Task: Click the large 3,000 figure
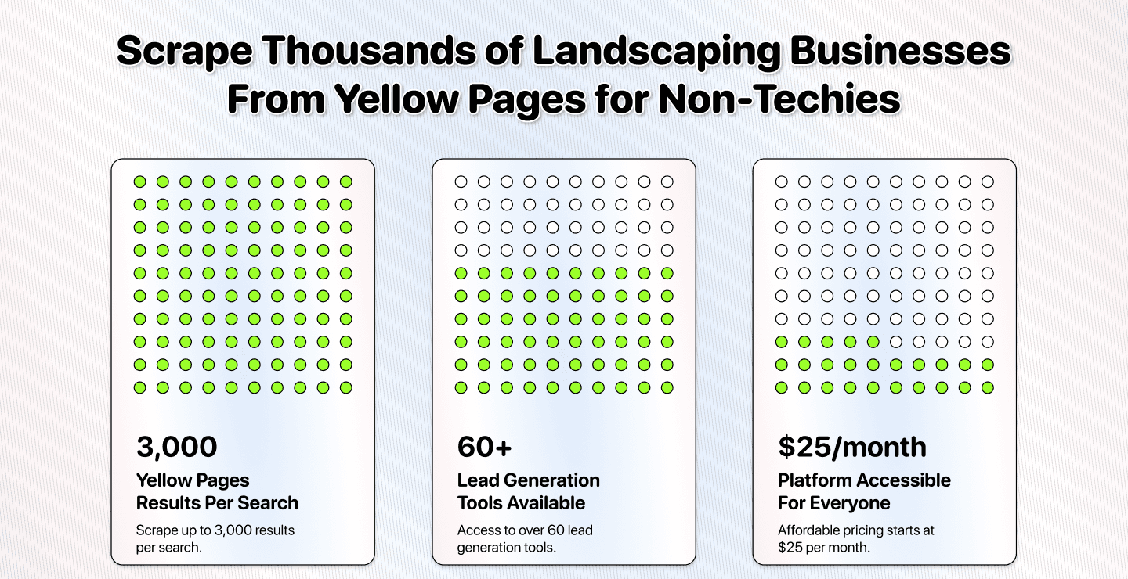pyautogui.click(x=177, y=447)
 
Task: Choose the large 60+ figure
pyautogui.click(x=484, y=447)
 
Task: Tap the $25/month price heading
pyautogui.click(x=852, y=447)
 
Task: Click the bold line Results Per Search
pyautogui.click(x=217, y=502)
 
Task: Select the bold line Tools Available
pyautogui.click(x=521, y=502)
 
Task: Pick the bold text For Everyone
pyautogui.click(x=833, y=502)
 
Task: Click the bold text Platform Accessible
pyautogui.click(x=864, y=480)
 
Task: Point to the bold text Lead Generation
pyautogui.click(x=529, y=480)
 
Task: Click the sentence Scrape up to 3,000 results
pyautogui.click(x=215, y=530)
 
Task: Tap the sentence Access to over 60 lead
pyautogui.click(x=525, y=530)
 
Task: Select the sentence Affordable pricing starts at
pyautogui.click(x=856, y=530)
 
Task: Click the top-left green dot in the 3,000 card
pyautogui.click(x=139, y=182)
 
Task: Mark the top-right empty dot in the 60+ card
pyautogui.click(x=667, y=182)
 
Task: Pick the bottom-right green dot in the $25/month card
pyautogui.click(x=988, y=387)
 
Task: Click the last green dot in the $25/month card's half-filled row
pyautogui.click(x=873, y=342)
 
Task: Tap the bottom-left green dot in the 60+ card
pyautogui.click(x=461, y=387)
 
